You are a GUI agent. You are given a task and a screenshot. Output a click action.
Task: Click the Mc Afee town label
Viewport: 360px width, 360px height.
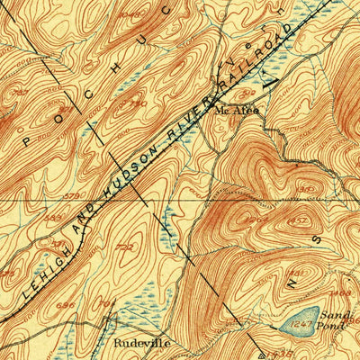(237, 110)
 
